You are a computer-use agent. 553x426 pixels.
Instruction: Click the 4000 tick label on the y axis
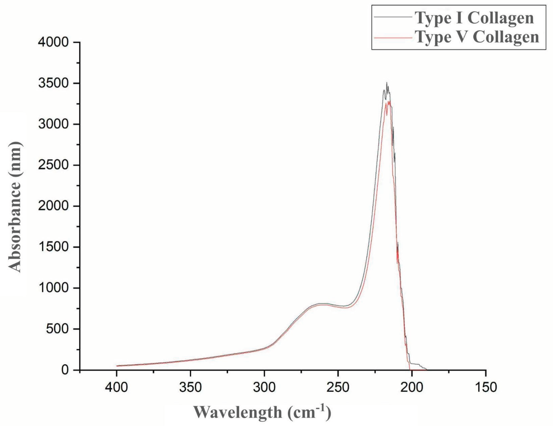tap(53, 42)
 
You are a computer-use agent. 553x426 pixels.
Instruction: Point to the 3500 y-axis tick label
tap(53, 83)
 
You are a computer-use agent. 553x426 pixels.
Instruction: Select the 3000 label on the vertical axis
tap(53, 124)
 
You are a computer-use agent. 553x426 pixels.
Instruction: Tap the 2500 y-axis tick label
tap(53, 165)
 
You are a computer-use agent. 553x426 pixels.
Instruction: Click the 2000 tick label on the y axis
tap(53, 206)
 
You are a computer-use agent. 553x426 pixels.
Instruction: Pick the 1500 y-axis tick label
tap(53, 247)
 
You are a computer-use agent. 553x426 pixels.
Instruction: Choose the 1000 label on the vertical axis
tap(53, 288)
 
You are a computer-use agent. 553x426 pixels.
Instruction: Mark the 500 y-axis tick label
tap(57, 329)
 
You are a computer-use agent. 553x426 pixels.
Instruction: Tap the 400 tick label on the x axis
tap(117, 388)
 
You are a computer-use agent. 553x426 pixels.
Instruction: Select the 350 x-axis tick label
tap(190, 388)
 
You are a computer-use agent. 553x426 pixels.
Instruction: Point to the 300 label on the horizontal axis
tap(264, 388)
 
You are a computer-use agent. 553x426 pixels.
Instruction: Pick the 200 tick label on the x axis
tap(412, 388)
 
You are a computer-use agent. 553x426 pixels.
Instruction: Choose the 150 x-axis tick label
tap(486, 388)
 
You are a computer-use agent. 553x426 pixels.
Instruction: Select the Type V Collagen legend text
tap(477, 38)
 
